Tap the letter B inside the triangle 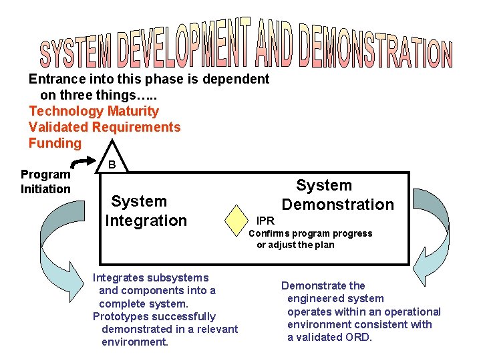(x=112, y=164)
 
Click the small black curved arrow (x=84, y=162)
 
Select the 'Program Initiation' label (x=45, y=182)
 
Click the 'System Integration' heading (x=146, y=211)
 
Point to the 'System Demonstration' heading (x=337, y=195)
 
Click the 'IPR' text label (x=265, y=220)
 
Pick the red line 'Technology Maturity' (x=94, y=111)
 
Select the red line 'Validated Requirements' (x=104, y=127)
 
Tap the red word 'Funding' (x=55, y=143)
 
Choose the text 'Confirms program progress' (x=310, y=233)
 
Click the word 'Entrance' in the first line (x=54, y=79)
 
